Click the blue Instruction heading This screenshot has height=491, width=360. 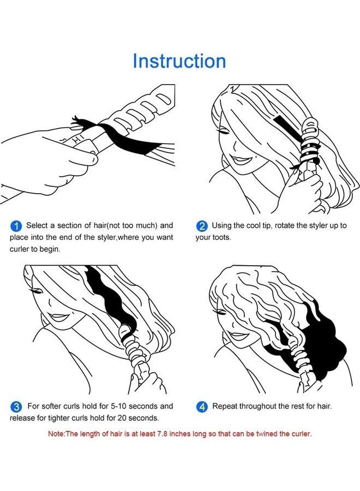pyautogui.click(x=179, y=61)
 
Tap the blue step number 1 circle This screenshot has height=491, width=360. pyautogui.click(x=16, y=225)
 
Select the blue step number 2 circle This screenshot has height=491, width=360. pyautogui.click(x=202, y=225)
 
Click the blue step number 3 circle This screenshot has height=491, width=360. pyautogui.click(x=16, y=406)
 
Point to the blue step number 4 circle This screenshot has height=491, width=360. pyautogui.click(x=202, y=406)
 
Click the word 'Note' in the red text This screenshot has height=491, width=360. pyautogui.click(x=56, y=434)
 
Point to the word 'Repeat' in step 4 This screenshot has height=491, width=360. pyautogui.click(x=225, y=406)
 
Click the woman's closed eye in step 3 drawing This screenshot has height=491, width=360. pyautogui.click(x=39, y=292)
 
